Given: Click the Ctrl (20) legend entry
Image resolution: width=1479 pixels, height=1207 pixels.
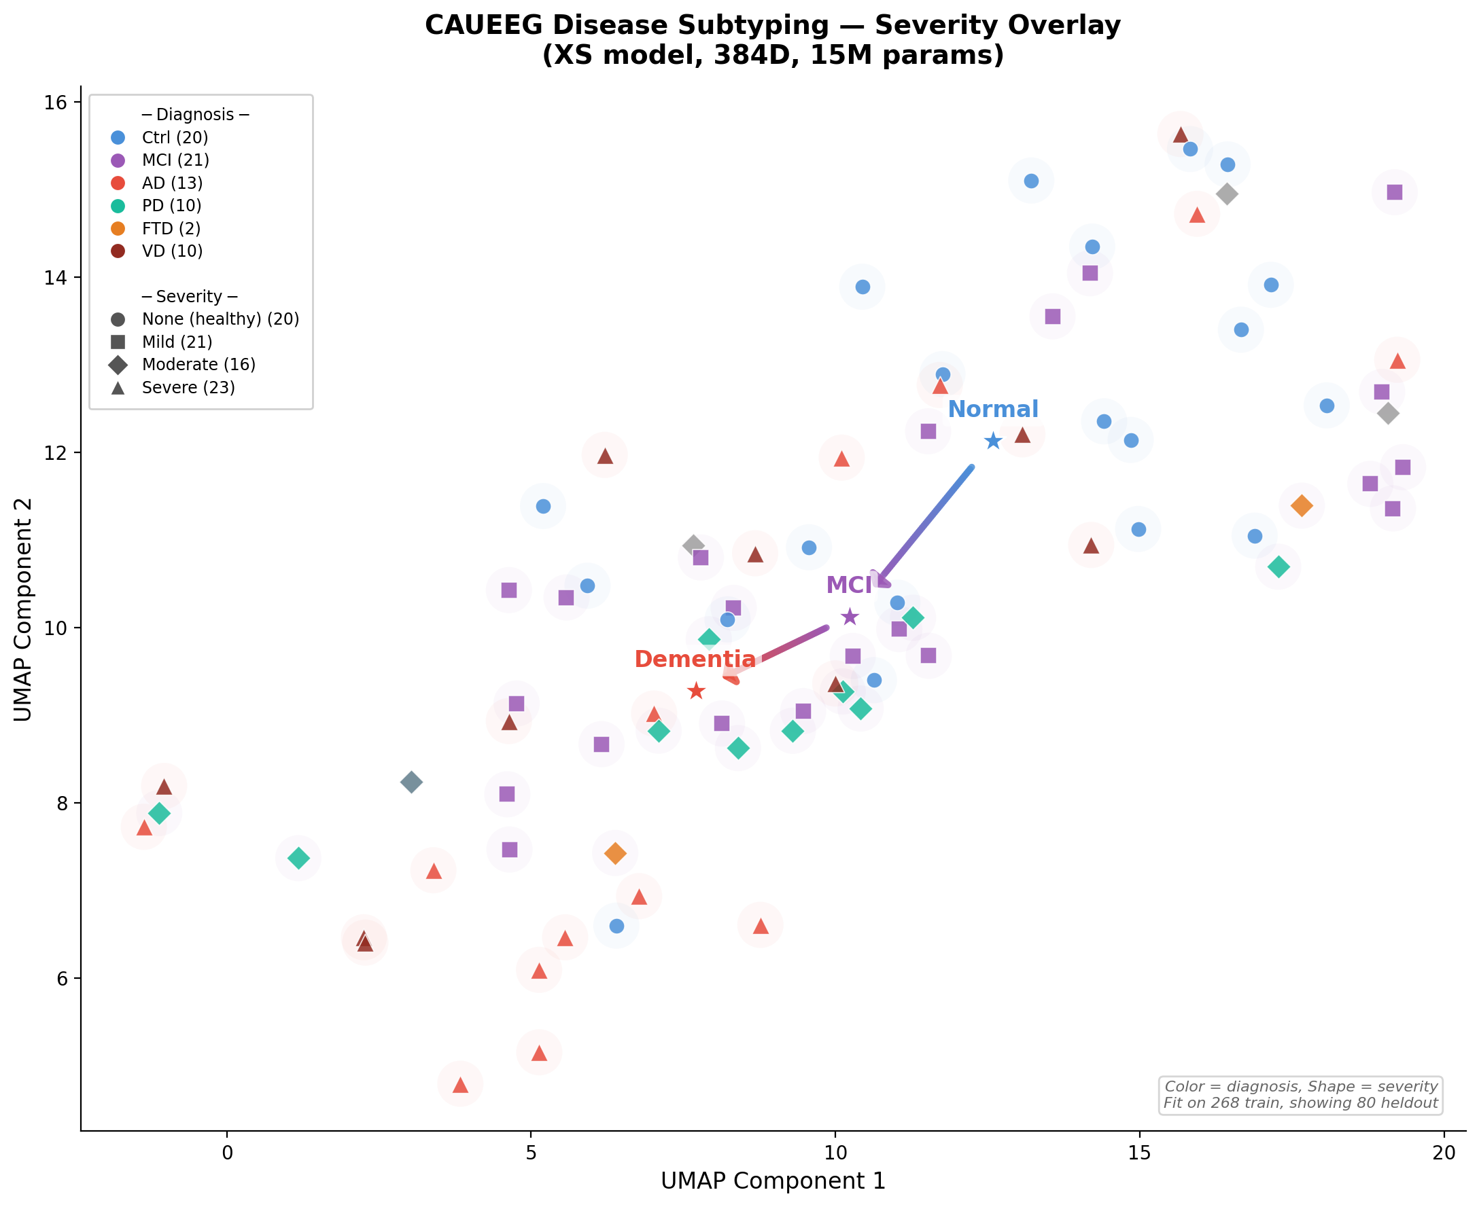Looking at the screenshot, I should click(174, 138).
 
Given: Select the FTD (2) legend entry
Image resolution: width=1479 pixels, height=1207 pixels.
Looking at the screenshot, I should click(171, 229).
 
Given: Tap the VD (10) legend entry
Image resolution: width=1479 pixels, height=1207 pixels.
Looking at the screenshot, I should click(172, 251).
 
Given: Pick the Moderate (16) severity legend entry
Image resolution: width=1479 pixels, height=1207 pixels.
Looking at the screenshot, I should click(198, 364).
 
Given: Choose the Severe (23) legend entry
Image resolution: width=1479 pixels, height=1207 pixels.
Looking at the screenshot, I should click(188, 387).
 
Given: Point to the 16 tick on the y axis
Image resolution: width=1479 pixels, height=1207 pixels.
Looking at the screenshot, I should click(55, 102).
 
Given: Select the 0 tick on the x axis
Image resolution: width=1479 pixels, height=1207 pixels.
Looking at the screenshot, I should click(228, 1153).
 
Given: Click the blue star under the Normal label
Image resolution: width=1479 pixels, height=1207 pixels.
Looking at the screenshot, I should click(993, 441).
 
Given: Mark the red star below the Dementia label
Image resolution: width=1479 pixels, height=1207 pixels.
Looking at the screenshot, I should click(697, 691).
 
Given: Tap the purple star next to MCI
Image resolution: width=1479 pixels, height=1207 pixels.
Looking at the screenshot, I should click(850, 617).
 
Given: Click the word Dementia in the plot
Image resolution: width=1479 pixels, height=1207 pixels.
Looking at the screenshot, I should click(694, 659).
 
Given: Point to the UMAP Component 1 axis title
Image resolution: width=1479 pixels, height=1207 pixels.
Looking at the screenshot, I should click(773, 1181).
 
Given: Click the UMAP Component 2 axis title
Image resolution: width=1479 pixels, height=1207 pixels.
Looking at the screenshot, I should click(23, 609).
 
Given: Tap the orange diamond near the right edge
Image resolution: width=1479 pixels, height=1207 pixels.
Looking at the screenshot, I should click(1301, 505).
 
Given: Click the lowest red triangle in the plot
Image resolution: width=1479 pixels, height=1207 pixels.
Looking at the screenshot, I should click(460, 1084).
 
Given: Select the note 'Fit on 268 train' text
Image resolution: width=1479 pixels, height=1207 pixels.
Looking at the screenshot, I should click(1300, 1103).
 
